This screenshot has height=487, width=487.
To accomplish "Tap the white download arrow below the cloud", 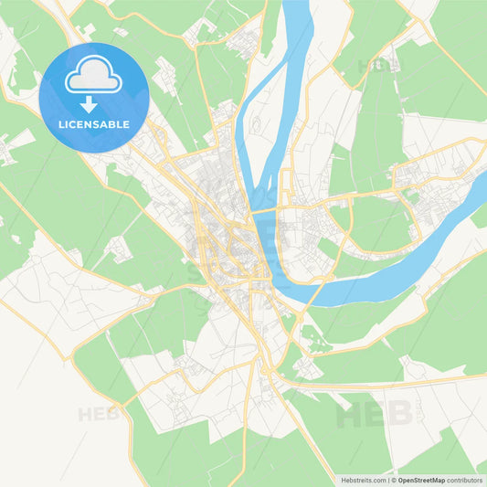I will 94,104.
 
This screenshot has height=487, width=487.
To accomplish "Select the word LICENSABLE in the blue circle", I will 94,123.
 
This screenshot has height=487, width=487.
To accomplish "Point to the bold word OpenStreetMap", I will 421,479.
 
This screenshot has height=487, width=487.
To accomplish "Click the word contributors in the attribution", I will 465,479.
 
